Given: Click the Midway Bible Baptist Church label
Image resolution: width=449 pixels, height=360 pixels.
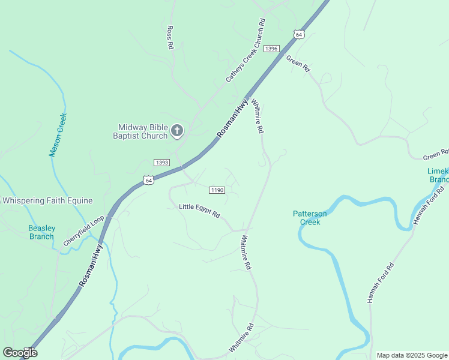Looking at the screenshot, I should [x=142, y=131].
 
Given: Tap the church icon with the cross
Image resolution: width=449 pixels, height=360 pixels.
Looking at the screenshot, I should [x=177, y=130].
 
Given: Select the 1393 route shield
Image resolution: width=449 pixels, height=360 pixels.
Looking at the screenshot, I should [x=161, y=163].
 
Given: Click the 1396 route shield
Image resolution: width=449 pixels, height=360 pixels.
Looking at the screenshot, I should [x=271, y=48].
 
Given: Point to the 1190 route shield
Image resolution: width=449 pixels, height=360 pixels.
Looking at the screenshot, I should [x=217, y=190].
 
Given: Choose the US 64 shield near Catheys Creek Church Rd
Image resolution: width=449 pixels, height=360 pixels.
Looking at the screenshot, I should [x=299, y=34].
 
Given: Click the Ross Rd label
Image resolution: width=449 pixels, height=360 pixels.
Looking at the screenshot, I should [x=170, y=37].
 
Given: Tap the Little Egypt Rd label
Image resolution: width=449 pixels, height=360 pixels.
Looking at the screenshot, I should [x=200, y=211].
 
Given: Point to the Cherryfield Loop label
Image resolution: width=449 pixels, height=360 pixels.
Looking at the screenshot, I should [x=83, y=231].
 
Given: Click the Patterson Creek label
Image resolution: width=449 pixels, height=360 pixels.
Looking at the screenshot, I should [x=310, y=218].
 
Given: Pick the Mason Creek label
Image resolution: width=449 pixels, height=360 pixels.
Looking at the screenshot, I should [x=58, y=135].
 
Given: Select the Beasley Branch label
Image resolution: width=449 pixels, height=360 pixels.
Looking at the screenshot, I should [x=42, y=232].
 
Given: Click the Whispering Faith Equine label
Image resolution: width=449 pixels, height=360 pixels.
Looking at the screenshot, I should [x=47, y=200].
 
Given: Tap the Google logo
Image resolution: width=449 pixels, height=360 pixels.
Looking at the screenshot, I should [x=20, y=352].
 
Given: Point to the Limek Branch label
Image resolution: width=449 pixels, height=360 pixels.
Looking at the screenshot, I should [x=438, y=175].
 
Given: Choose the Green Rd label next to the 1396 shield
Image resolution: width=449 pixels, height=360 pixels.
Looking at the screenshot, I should [x=298, y=64].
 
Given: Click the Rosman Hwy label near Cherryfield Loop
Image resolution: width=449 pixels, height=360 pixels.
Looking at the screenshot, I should [x=91, y=264].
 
